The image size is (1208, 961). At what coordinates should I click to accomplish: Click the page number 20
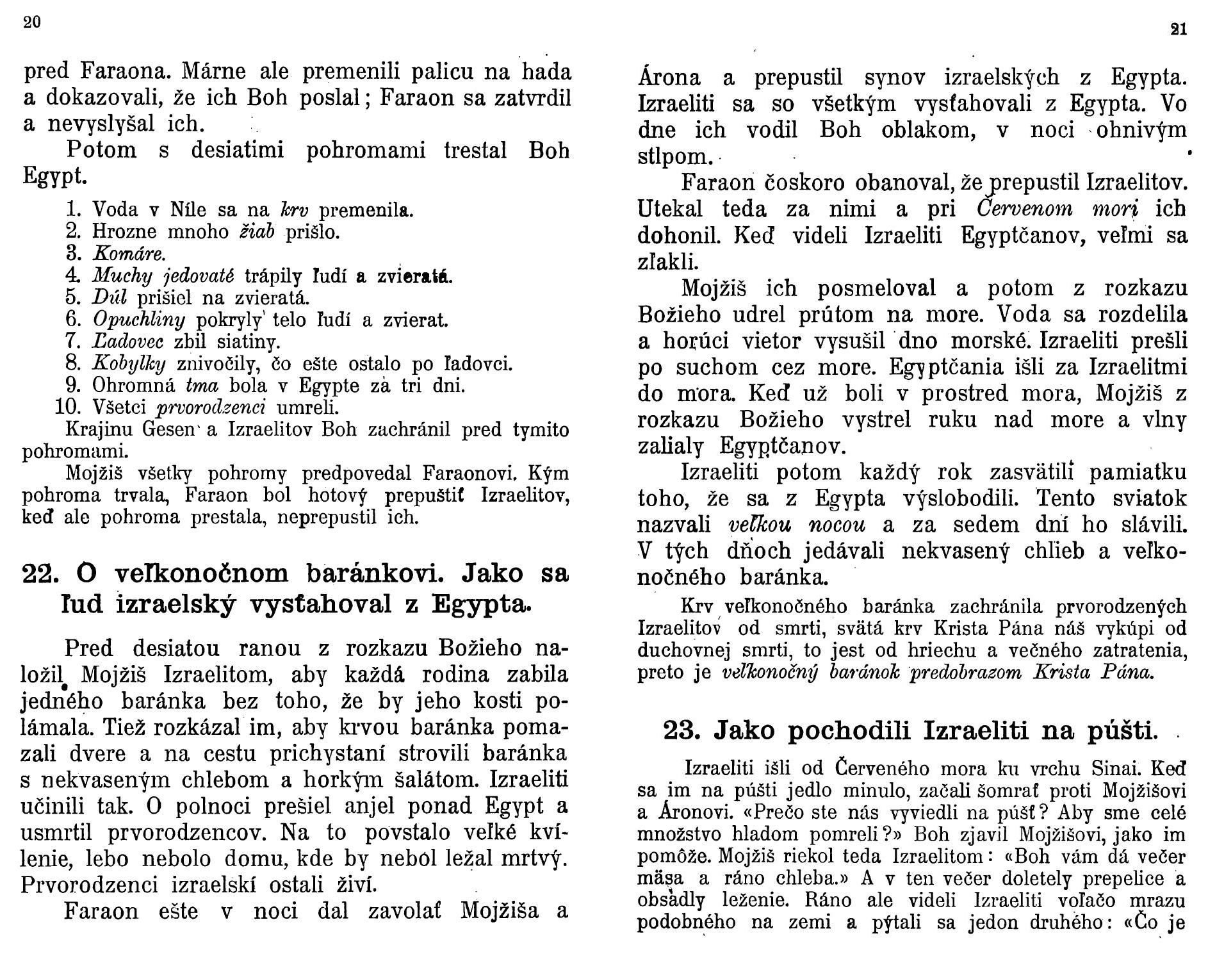point(32,22)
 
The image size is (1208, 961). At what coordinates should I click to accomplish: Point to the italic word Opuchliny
point(139,319)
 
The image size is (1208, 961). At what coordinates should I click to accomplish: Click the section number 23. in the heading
point(682,730)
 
